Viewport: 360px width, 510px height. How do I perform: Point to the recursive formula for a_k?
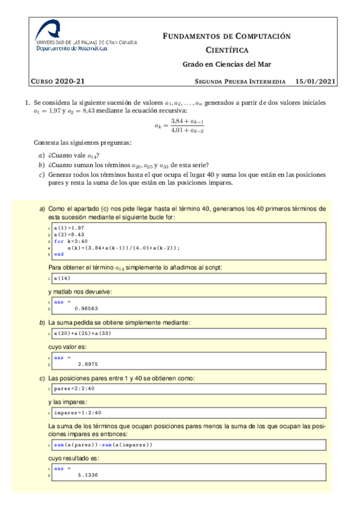(x=180, y=125)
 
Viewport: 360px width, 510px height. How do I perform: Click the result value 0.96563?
(x=87, y=308)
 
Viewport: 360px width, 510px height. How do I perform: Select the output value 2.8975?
(x=88, y=364)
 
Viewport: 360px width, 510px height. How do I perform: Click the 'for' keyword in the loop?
(x=58, y=241)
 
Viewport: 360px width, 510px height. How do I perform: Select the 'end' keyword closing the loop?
(x=58, y=254)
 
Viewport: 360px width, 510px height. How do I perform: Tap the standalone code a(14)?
(x=61, y=278)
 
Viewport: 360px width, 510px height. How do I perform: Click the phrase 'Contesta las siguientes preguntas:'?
(x=82, y=143)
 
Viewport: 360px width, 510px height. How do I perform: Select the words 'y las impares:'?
(x=68, y=401)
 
